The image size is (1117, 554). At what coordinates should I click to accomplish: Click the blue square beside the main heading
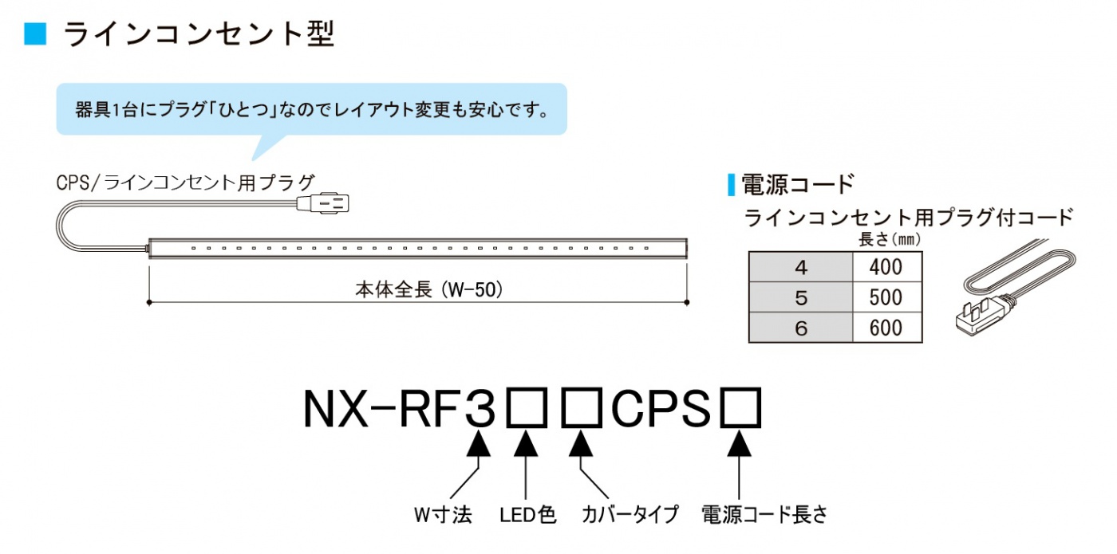pos(35,34)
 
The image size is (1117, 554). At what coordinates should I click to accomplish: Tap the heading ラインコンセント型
pos(199,34)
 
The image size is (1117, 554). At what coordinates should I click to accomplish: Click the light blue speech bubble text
pos(312,110)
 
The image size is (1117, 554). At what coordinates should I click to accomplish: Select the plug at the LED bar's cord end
pos(322,203)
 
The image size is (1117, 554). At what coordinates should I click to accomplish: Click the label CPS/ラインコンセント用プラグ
pos(185,183)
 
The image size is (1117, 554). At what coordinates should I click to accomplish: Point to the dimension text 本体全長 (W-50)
pos(429,289)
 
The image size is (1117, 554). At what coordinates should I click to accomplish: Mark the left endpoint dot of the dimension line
pos(149,302)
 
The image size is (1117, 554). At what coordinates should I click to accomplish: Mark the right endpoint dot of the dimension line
pos(687,302)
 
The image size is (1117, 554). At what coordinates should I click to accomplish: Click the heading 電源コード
pos(798,184)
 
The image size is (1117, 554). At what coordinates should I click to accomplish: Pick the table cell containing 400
pos(887,267)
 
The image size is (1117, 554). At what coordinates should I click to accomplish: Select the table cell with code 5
pos(801,297)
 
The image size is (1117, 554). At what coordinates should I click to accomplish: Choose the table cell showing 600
pos(887,328)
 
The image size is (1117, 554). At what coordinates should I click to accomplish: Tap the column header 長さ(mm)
pos(889,240)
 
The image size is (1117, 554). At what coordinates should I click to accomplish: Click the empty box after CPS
pos(740,407)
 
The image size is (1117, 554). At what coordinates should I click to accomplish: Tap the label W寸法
pos(443,515)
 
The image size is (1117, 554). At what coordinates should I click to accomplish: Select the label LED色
pos(527,515)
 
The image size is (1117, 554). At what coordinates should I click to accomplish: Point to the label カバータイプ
pos(630,515)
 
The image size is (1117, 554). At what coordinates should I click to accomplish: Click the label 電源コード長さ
pos(764,515)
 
